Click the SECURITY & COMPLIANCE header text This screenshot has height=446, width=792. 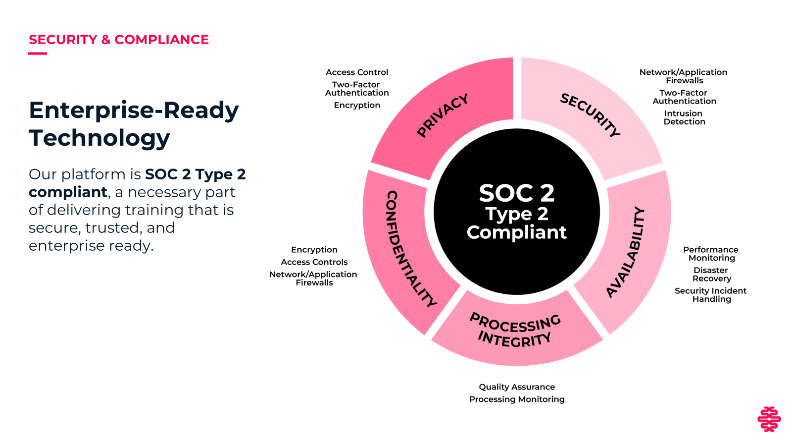pos(119,40)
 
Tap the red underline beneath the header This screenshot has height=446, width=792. pos(38,54)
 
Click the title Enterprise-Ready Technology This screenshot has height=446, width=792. pos(134,124)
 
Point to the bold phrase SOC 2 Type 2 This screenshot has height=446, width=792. pos(195,174)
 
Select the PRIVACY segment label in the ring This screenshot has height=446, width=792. pos(442,115)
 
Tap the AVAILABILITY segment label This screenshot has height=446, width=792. pos(626,252)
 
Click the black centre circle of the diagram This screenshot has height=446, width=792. pos(517,212)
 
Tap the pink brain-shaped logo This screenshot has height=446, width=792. pos(769,419)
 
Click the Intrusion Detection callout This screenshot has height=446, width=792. pos(684,117)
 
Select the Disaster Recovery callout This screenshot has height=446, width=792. pos(711,274)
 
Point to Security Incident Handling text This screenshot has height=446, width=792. pos(711,295)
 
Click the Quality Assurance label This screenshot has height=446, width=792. pos(517,387)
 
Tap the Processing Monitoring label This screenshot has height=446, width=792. pos(517,399)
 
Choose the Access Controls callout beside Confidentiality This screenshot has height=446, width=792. pos(314,262)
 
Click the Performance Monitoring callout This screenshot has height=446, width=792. pos(711,254)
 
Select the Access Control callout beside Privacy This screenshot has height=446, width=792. pos(357,72)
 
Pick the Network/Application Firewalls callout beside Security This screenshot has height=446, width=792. pos(684,76)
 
